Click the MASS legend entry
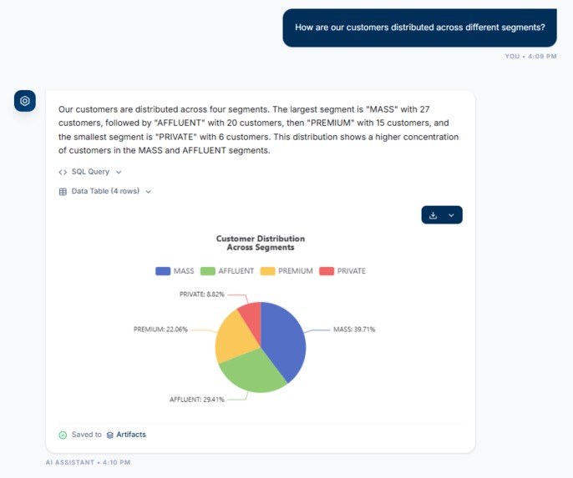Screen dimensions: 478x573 click(175, 271)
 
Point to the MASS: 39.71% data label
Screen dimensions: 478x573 click(354, 330)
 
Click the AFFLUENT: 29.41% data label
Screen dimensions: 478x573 click(197, 400)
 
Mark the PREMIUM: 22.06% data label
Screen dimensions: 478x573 click(160, 330)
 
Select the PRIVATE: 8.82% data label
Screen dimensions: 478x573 click(201, 294)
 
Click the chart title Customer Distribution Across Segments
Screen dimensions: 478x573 click(261, 243)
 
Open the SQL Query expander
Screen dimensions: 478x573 click(90, 172)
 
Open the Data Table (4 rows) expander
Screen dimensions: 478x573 click(105, 191)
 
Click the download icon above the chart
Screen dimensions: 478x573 click(433, 215)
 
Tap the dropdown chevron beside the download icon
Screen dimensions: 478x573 click(452, 215)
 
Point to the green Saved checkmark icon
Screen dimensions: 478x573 click(63, 435)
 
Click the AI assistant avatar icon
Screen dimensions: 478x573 click(25, 101)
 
